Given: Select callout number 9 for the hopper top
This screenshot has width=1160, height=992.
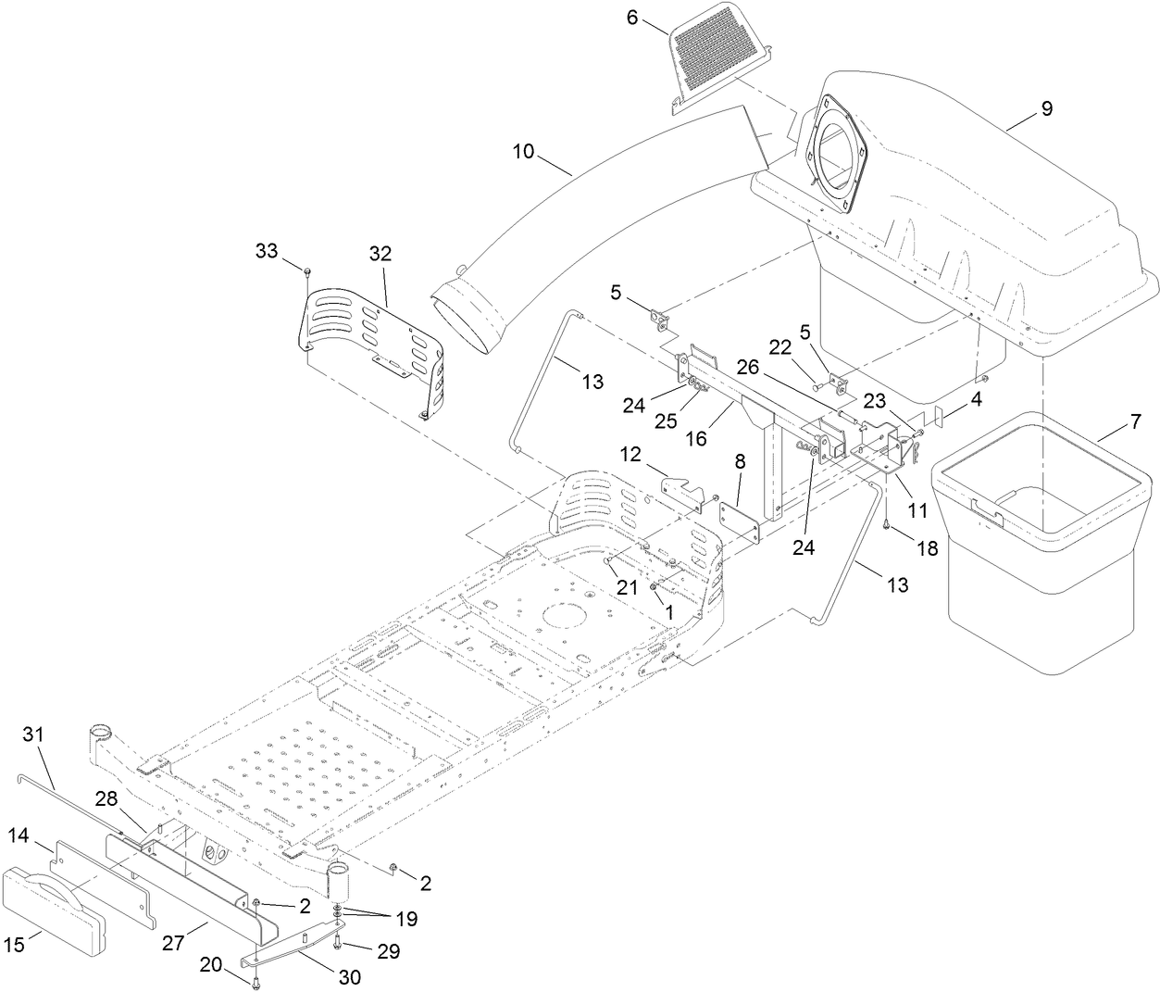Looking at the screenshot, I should pos(1046,108).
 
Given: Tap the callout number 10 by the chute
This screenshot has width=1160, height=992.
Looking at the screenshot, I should pos(524,150).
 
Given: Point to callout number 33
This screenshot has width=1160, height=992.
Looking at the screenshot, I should pos(267,250).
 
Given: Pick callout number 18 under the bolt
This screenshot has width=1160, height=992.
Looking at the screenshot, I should pos(928,547).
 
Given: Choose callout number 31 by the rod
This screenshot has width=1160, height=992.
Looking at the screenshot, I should pos(33,734).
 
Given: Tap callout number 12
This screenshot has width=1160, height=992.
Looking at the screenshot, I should pos(630,456).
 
